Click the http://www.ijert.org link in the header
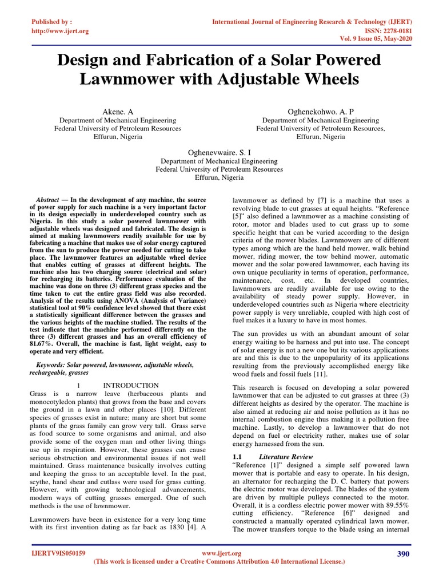(x=59, y=31)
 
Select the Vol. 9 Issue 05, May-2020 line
(x=374, y=39)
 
